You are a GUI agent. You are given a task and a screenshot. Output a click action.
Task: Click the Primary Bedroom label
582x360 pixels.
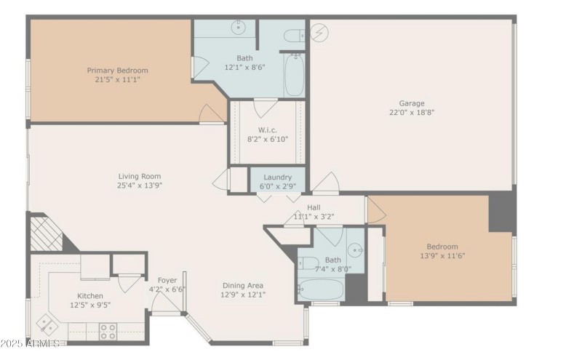[x=117, y=71]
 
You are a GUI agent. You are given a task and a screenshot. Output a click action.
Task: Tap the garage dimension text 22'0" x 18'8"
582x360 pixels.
[x=411, y=112]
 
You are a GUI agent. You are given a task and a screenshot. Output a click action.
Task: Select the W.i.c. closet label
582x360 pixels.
[x=268, y=129]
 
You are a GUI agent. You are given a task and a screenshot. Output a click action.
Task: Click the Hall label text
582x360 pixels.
[x=314, y=207]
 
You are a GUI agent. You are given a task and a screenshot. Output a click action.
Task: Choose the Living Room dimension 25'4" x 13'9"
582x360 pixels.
[x=140, y=185]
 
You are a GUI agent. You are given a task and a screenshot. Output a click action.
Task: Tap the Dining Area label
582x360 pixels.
[x=242, y=285]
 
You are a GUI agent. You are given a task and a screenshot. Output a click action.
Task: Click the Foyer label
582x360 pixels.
[x=167, y=280]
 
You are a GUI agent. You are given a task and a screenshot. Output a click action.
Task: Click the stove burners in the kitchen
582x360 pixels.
[x=108, y=331]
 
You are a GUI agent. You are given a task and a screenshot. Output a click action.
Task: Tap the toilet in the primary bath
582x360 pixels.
[x=293, y=36]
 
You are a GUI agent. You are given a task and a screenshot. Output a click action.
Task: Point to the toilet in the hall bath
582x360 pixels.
[x=308, y=263]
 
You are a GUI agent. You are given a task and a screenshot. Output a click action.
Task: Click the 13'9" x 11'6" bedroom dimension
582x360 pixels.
[x=442, y=256]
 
